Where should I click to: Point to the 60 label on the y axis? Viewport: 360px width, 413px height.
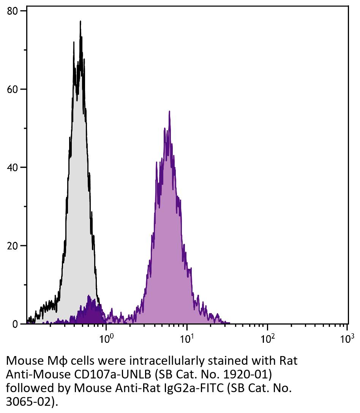[x=13, y=89]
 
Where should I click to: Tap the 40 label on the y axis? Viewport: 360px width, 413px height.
[x=13, y=167]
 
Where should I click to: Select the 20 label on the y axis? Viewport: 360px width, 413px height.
[x=13, y=246]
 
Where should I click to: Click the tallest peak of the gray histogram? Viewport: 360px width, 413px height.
[x=80, y=22]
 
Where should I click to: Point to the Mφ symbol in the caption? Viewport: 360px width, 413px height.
[x=52, y=361]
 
